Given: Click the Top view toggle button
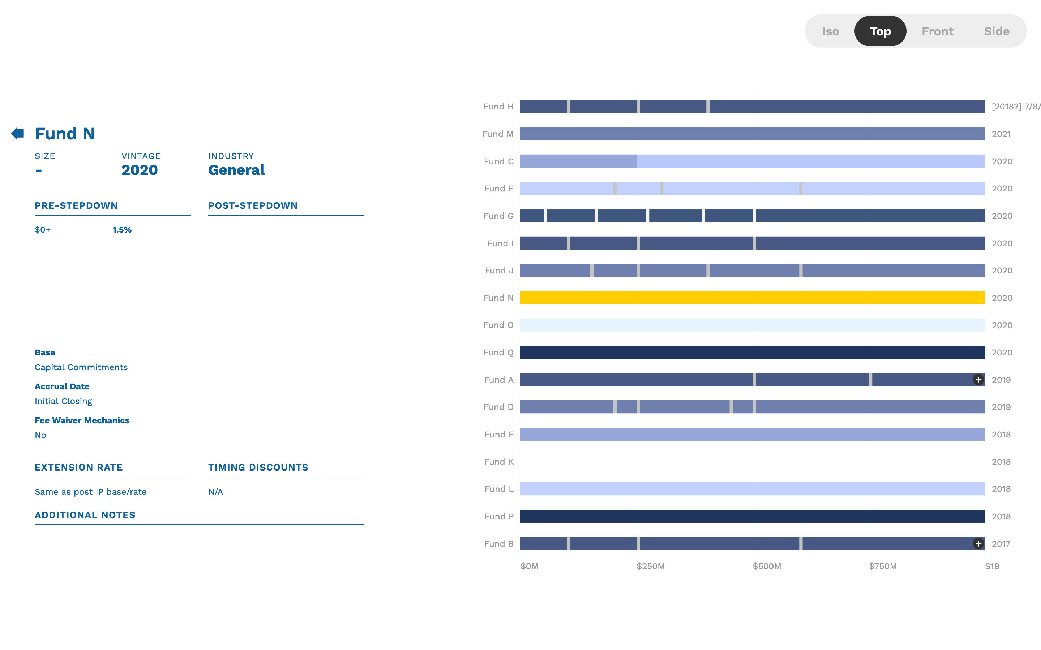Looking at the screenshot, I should click(x=880, y=31).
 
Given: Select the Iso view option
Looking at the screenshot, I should click(x=830, y=31).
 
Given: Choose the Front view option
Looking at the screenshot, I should click(x=937, y=31).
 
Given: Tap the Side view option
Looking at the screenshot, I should click(x=996, y=31).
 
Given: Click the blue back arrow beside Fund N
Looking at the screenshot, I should click(x=18, y=133).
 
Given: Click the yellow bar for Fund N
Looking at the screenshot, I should click(x=752, y=298).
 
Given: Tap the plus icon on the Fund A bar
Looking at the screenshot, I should click(x=978, y=380).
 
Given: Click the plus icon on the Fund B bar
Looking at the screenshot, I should click(x=978, y=543).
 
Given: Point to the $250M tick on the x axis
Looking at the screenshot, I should click(x=650, y=566).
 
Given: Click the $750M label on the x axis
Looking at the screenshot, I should click(x=882, y=566).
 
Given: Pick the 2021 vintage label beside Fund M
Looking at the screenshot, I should click(x=1001, y=134).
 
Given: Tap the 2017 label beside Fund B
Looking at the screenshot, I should click(x=1001, y=544).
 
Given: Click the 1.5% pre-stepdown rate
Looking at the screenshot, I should click(x=122, y=230).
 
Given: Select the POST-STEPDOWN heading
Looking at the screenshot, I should click(x=253, y=205).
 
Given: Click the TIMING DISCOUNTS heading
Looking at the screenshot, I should click(x=258, y=467).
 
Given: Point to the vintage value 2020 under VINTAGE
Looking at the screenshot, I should click(x=140, y=170).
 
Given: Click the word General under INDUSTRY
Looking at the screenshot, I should click(x=236, y=170).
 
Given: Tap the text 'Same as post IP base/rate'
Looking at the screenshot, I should click(x=90, y=492).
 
